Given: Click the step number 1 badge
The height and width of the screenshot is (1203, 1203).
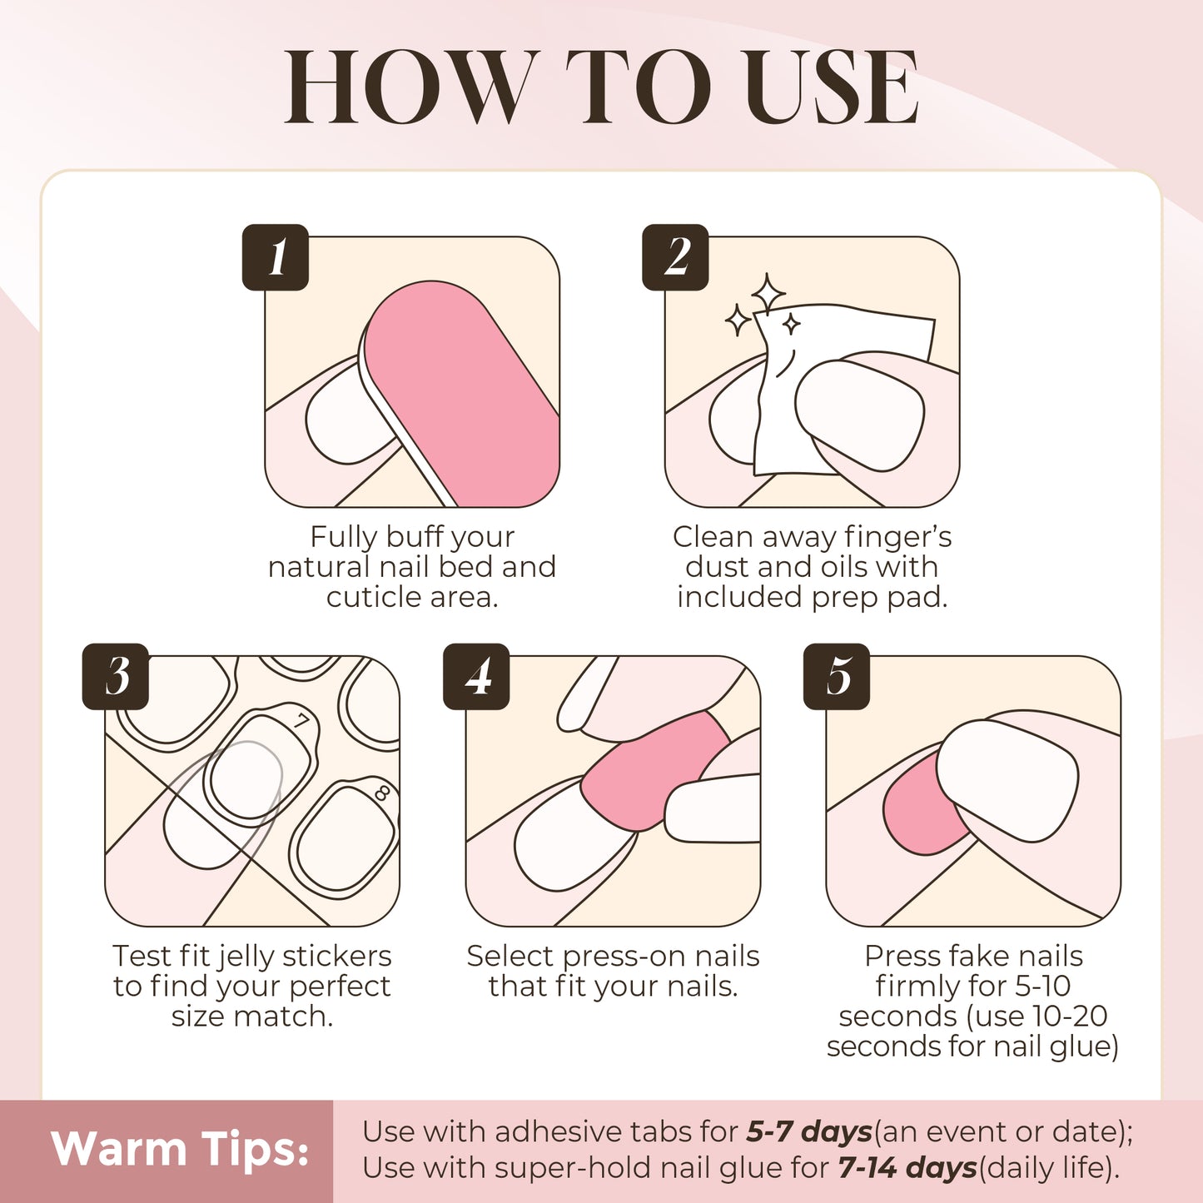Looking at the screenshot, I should [276, 257].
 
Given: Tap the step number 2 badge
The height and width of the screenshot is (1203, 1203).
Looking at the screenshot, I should [675, 257].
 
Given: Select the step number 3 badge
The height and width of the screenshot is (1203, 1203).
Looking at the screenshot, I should [116, 676].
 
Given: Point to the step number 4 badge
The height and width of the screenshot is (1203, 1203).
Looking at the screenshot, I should [476, 676].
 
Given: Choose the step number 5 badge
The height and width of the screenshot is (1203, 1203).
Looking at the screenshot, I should [837, 676].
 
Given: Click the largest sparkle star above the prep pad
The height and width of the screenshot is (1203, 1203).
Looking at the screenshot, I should [768, 294].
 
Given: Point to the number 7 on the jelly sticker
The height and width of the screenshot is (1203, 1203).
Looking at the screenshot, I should [301, 720].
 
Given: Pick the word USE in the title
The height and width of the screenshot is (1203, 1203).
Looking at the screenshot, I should [832, 87].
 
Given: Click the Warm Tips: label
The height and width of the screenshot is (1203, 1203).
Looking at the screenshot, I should [180, 1150].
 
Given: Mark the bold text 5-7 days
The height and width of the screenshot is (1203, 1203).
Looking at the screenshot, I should [808, 1131].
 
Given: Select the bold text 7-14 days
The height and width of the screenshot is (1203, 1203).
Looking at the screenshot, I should [907, 1168].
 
